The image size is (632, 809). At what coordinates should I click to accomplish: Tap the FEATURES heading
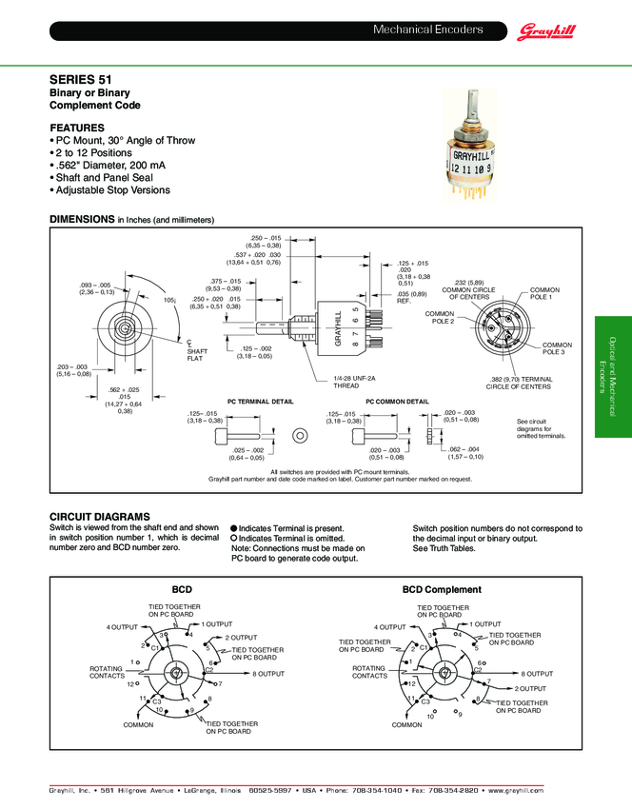coord(78,128)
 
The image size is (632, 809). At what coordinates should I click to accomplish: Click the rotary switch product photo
coord(472,150)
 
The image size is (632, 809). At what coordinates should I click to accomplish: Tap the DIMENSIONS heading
coord(81,219)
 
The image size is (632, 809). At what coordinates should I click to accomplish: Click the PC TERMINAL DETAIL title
coord(260,403)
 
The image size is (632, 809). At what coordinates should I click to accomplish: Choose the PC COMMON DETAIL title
coord(397,403)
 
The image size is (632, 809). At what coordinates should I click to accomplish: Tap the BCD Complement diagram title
coord(442,589)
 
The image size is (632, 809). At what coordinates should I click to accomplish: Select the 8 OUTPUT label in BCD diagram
coord(268,674)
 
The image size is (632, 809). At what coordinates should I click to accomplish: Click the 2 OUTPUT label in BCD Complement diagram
coord(530,688)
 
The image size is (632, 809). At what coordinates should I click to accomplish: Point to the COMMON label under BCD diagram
coord(138,724)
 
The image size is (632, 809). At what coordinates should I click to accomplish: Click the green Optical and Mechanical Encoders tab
coord(612,376)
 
